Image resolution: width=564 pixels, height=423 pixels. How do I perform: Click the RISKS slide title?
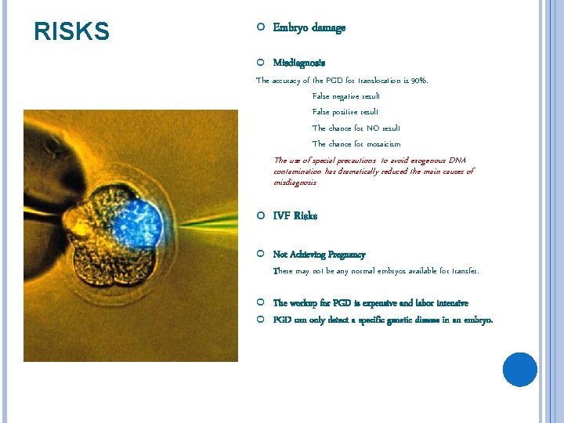click(x=72, y=31)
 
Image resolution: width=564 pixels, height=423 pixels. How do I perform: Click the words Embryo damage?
click(x=309, y=27)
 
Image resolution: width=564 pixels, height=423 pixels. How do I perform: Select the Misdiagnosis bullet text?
click(x=299, y=62)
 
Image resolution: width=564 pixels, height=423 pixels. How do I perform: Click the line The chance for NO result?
click(x=356, y=128)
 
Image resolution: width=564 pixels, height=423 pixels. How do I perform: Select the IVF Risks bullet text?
click(x=295, y=215)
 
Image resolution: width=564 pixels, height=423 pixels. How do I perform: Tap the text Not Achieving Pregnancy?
click(x=319, y=255)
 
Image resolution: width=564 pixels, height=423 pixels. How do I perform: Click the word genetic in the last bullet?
click(x=410, y=320)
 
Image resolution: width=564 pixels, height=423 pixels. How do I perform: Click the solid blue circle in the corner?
click(x=519, y=369)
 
